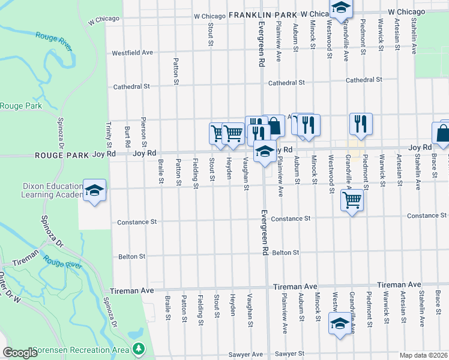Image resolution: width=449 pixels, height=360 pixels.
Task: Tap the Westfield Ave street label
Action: tap(132, 53)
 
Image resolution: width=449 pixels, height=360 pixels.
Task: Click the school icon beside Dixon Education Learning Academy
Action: tap(94, 191)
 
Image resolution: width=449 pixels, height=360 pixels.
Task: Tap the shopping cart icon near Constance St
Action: tap(352, 200)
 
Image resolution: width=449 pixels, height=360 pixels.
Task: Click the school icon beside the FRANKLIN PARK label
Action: tap(341, 8)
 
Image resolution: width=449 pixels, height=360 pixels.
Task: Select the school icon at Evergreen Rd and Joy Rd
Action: tap(264, 152)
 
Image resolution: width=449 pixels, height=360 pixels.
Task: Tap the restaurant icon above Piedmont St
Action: tap(361, 124)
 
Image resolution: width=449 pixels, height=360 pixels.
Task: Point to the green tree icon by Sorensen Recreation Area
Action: tap(139, 348)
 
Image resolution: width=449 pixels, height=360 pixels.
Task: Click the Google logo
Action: tap(20, 353)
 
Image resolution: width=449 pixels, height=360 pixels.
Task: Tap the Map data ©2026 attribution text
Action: tap(423, 355)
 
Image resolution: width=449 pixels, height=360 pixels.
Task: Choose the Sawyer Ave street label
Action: tap(249, 355)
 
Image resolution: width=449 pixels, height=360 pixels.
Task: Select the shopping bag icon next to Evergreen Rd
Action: tap(274, 126)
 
